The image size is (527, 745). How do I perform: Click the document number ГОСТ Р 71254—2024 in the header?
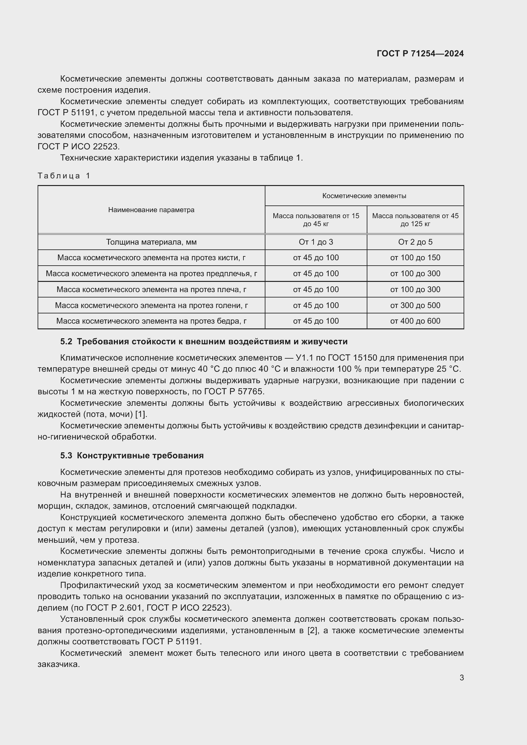coord(420,54)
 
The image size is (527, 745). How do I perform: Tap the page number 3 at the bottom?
coord(461,678)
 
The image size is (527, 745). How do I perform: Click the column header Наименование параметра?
coord(151,210)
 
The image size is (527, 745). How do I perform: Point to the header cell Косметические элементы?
coord(364,196)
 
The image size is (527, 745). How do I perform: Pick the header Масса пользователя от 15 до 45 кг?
coord(316,220)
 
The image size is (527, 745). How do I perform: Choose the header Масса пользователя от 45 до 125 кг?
coord(415,220)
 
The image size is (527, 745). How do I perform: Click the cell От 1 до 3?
coord(316,242)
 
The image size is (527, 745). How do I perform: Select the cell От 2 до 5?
coord(415,242)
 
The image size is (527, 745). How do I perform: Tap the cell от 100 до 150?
coord(415,258)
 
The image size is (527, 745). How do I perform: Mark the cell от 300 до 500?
coord(415,305)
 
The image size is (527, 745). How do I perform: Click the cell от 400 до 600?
coord(415,321)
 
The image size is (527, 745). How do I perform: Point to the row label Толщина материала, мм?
coord(151,242)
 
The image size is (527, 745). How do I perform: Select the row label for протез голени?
coord(151,305)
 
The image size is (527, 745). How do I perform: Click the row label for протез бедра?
coord(151,321)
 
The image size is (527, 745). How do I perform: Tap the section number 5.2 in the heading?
coord(66,342)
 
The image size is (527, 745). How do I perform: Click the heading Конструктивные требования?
coord(140,455)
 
